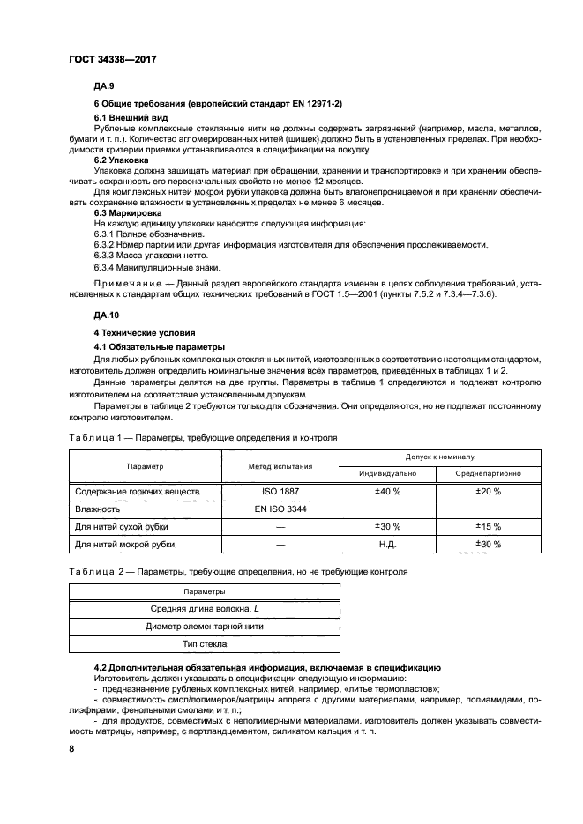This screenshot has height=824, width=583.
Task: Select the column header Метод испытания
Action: [x=280, y=465]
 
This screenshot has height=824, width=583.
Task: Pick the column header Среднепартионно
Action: [x=488, y=473]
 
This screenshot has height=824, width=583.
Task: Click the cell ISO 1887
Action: [x=280, y=491]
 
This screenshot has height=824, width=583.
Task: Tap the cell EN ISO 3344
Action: [x=280, y=509]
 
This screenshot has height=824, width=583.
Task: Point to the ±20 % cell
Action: [x=488, y=491]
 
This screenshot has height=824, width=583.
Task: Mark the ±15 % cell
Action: [x=488, y=526]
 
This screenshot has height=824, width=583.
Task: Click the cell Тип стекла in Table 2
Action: [x=204, y=644]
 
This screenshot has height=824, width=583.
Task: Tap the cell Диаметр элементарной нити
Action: [x=204, y=627]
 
